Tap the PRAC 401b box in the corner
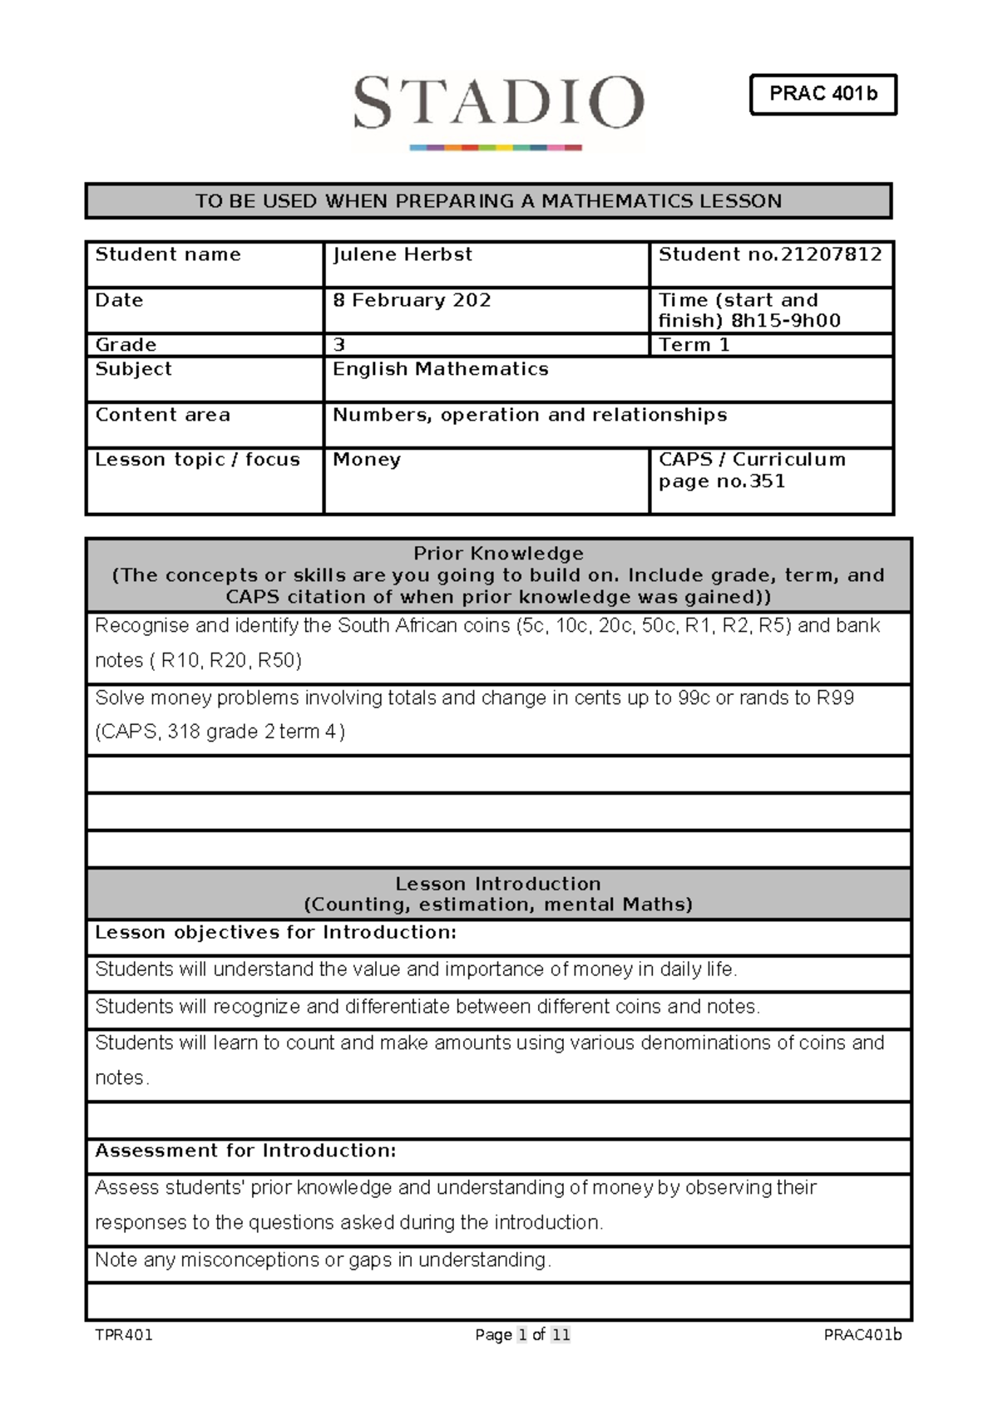pos(823,94)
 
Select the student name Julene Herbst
pos(403,254)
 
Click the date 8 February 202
pos(412,300)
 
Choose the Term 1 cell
pos(694,345)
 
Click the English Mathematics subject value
pos(441,369)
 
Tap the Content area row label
pos(163,415)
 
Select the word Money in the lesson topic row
pos(367,460)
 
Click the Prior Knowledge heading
pos(498,554)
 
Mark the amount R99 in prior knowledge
pos(835,698)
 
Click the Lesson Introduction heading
pos(498,884)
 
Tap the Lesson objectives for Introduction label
pos(275,933)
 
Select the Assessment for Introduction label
pos(245,1151)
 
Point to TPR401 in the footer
pos(124,1335)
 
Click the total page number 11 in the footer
pos(561,1335)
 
